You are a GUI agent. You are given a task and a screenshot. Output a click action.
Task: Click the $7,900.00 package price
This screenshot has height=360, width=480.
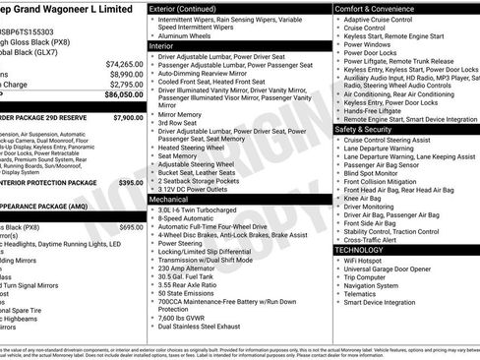point(127,117)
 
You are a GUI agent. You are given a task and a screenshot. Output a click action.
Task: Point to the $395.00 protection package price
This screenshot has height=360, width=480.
point(130,182)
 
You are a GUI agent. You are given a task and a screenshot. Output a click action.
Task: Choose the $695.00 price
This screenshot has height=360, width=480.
point(130,226)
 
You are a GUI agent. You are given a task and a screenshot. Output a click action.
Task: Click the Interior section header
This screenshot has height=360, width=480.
point(162,45)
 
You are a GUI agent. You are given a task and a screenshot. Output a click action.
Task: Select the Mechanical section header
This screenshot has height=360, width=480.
point(168,198)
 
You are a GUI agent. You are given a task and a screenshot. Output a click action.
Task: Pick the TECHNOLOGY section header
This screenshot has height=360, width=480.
point(360,250)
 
